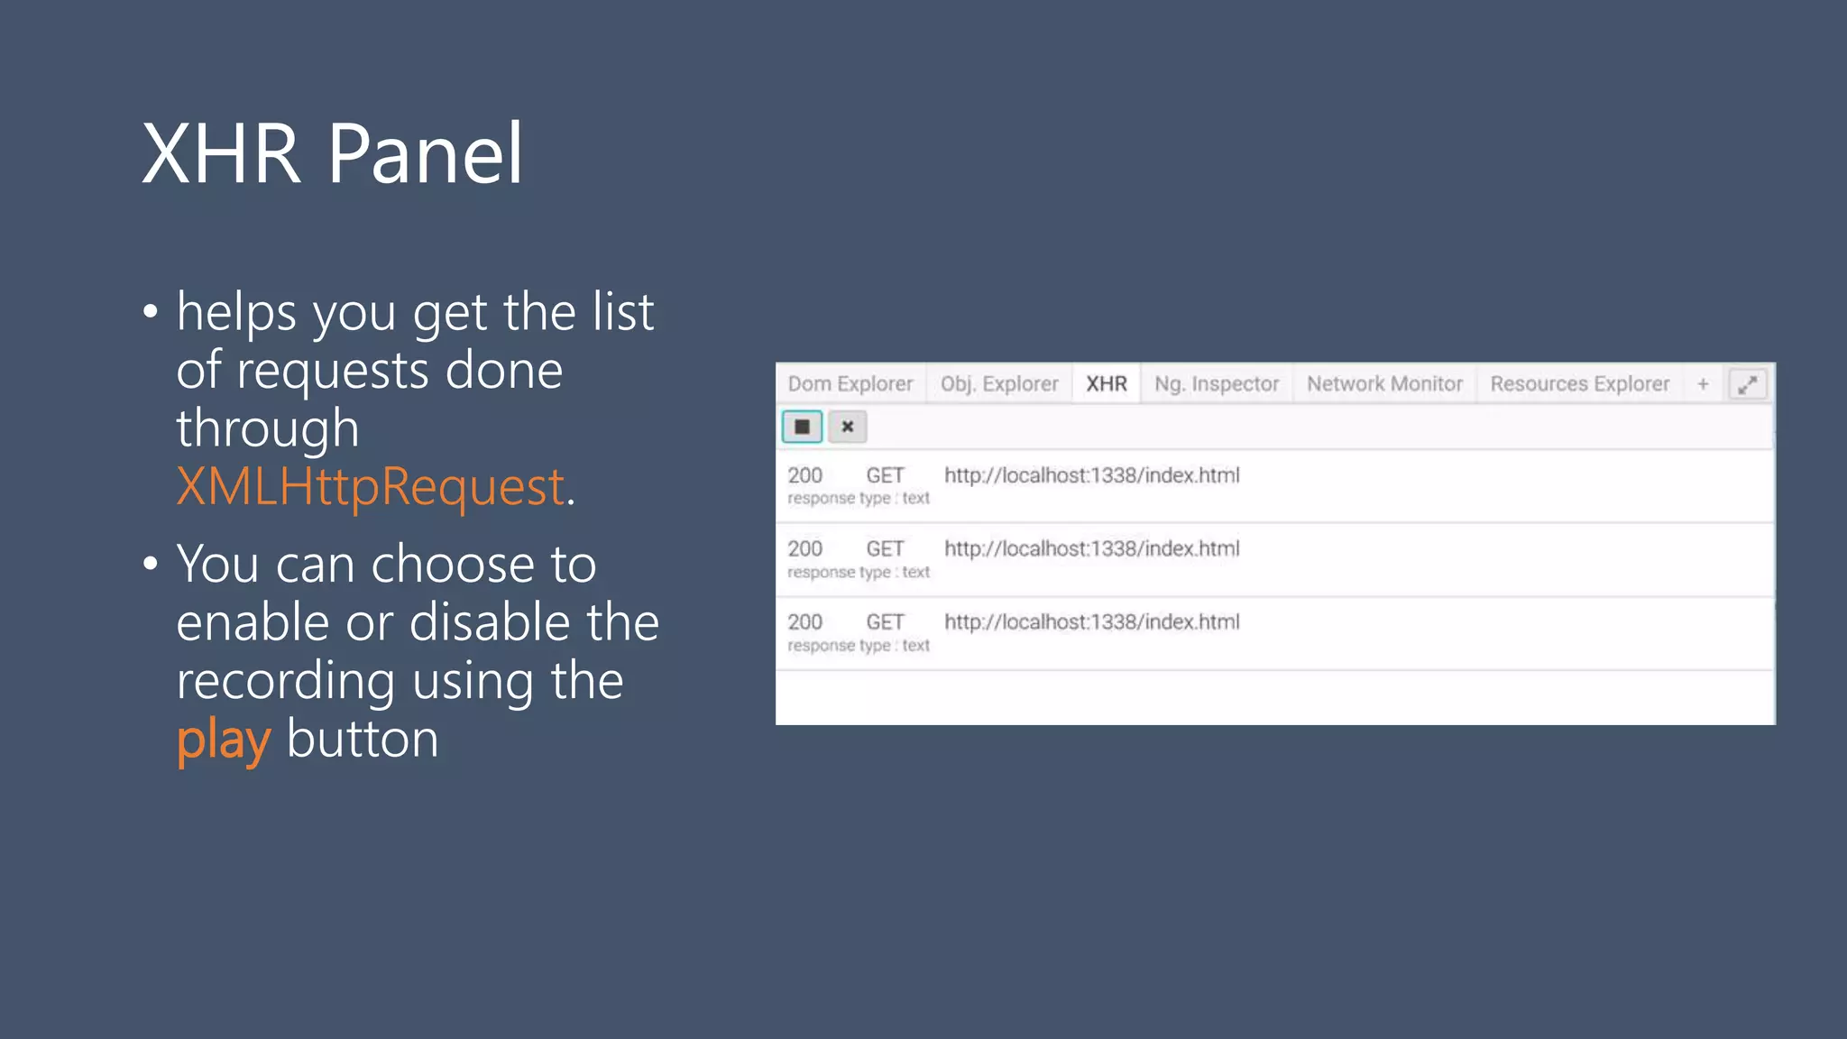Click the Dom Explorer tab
click(x=850, y=384)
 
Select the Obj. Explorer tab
click(x=999, y=384)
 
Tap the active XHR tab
click(x=1107, y=384)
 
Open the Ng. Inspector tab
click(x=1217, y=384)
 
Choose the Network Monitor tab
click(x=1384, y=384)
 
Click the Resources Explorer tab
click(x=1579, y=384)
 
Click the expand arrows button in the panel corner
click(x=1747, y=385)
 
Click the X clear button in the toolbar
click(x=848, y=427)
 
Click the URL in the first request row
click(x=1091, y=475)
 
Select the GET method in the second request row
click(x=885, y=548)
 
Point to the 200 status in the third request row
click(x=804, y=622)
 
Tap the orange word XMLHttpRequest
click(x=371, y=487)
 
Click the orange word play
click(x=223, y=740)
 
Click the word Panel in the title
click(x=425, y=154)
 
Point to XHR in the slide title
click(x=221, y=154)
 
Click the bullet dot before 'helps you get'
click(x=151, y=312)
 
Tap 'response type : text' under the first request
click(x=858, y=499)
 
